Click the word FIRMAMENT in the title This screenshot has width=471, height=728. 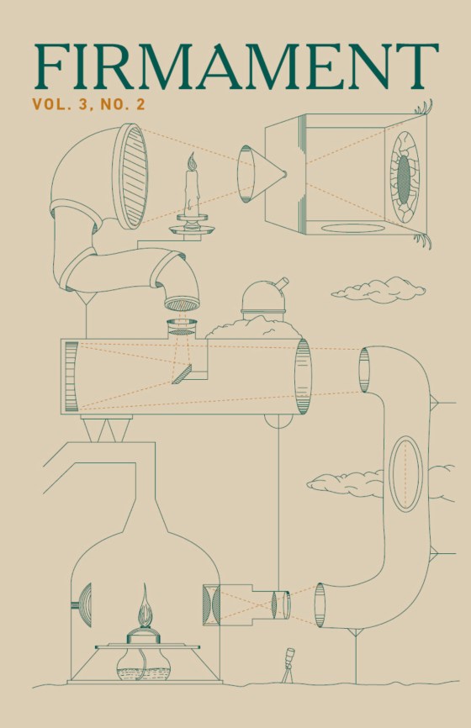coord(236,67)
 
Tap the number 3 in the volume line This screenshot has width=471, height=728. coord(83,105)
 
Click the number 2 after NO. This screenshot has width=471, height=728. coord(140,105)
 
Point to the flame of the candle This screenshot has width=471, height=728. coord(191,161)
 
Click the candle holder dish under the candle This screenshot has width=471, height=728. coord(192,229)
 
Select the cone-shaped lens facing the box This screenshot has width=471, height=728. coord(261,174)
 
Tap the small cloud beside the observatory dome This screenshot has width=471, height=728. coord(378,290)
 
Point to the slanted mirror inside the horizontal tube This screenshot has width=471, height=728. coord(182,374)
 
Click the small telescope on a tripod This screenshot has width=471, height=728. coord(288,665)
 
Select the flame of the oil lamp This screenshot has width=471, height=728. coord(145,607)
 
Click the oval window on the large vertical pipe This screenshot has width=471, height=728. coord(405,473)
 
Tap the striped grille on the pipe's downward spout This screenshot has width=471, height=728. coord(182,304)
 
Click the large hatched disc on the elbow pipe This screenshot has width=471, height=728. coord(130,177)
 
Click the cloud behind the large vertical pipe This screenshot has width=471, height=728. coord(346,483)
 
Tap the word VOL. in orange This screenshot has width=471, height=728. coord(51,105)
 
